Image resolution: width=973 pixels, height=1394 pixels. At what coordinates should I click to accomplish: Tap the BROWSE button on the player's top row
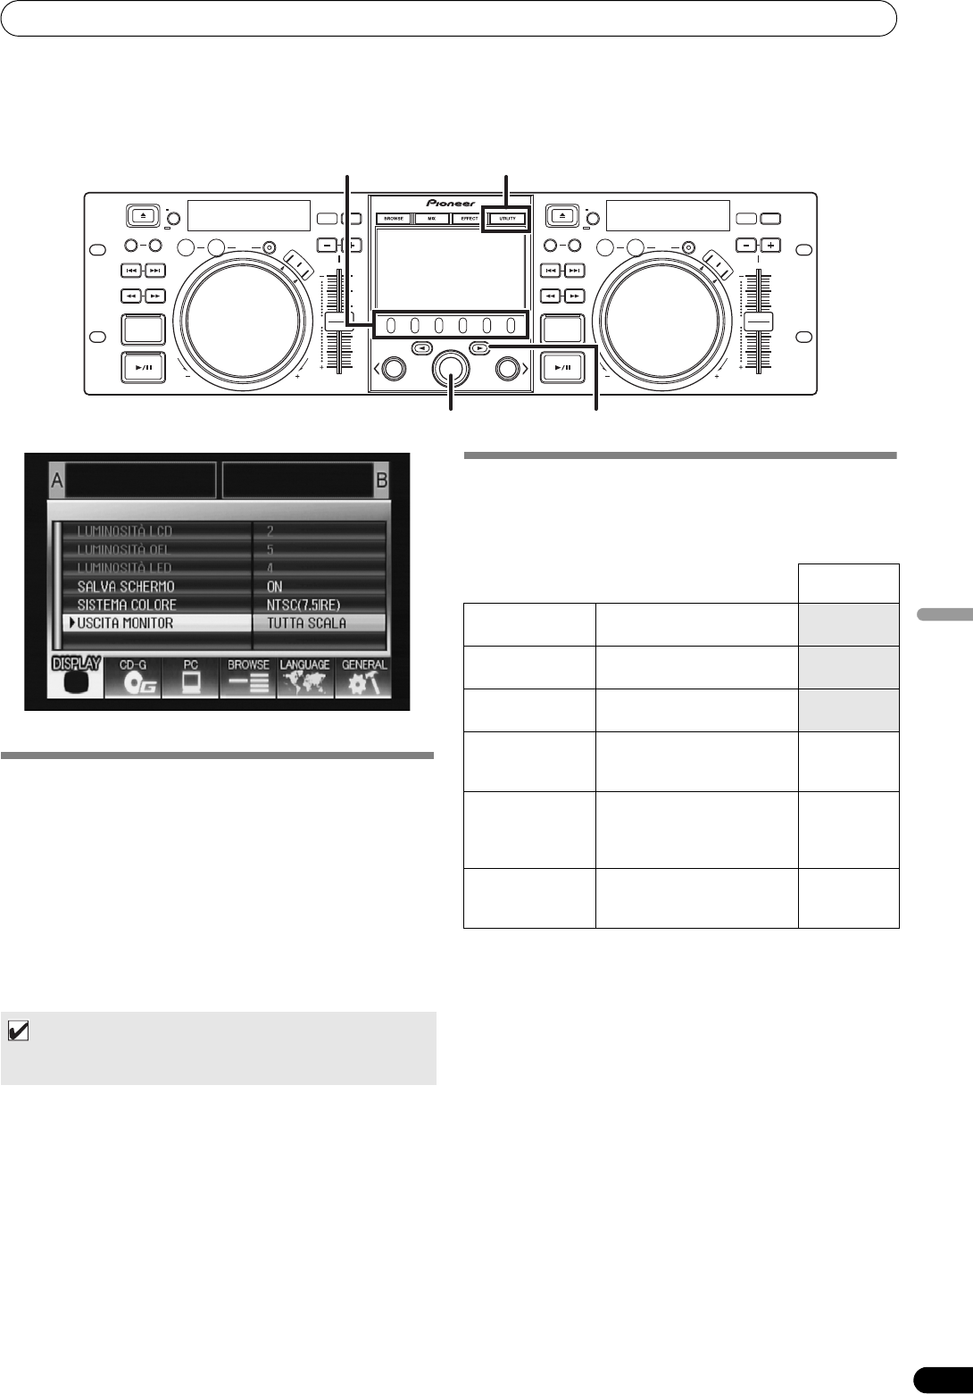pos(394,218)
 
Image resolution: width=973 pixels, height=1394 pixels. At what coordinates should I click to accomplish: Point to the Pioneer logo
pos(451,203)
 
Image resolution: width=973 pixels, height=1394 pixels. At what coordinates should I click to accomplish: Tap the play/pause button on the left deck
pos(143,368)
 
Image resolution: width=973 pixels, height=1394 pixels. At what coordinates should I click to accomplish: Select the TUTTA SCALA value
pos(306,622)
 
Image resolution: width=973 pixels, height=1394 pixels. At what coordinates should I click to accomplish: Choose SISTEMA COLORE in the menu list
pos(127,605)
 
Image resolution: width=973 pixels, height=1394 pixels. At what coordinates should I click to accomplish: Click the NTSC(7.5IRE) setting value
pos(304,605)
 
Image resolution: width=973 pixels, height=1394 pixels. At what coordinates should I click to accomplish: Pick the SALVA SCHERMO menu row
pos(126,587)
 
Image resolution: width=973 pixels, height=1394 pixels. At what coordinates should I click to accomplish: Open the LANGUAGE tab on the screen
pos(304,678)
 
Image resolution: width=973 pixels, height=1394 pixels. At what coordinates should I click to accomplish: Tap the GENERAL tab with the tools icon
pos(362,678)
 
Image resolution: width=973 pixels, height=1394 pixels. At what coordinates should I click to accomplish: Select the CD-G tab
pos(132,678)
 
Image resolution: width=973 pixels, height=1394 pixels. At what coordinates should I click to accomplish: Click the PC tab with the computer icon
pos(189,678)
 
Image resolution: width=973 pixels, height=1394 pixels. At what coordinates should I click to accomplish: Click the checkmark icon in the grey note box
pos(17,1031)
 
